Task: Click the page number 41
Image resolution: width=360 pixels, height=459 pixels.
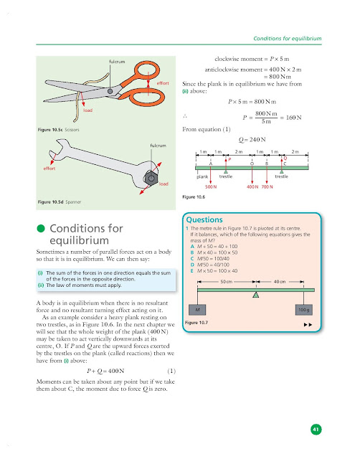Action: (315, 429)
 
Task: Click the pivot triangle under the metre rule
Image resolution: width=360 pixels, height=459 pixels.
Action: (256, 295)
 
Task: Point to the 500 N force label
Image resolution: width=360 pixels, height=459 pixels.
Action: (211, 187)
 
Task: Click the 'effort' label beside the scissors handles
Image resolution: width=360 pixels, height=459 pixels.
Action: (162, 84)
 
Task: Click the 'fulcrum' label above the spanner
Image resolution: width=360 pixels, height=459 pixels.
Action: (158, 146)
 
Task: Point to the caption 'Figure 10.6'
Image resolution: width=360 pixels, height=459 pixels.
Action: (195, 196)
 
